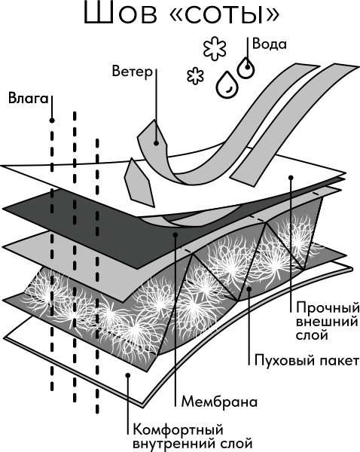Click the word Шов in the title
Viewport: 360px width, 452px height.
121,13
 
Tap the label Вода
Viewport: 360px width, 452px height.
270,44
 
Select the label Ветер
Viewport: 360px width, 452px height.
132,71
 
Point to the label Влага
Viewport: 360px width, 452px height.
28,98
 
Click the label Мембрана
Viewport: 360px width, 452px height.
219,402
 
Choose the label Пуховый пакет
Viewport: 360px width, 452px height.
307,361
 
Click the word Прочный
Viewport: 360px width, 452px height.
328,308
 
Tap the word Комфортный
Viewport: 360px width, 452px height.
178,430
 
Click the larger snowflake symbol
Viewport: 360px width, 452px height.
215,48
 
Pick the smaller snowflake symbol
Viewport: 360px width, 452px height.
195,76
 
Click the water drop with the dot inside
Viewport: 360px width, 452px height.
246,67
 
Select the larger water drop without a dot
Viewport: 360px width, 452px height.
227,84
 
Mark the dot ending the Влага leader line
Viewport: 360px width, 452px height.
52,121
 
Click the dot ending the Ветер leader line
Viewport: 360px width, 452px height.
156,142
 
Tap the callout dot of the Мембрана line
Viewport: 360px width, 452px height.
175,235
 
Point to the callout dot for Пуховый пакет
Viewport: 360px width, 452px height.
249,288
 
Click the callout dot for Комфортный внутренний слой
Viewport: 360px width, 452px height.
128,375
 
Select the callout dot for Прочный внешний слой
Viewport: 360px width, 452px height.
291,177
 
